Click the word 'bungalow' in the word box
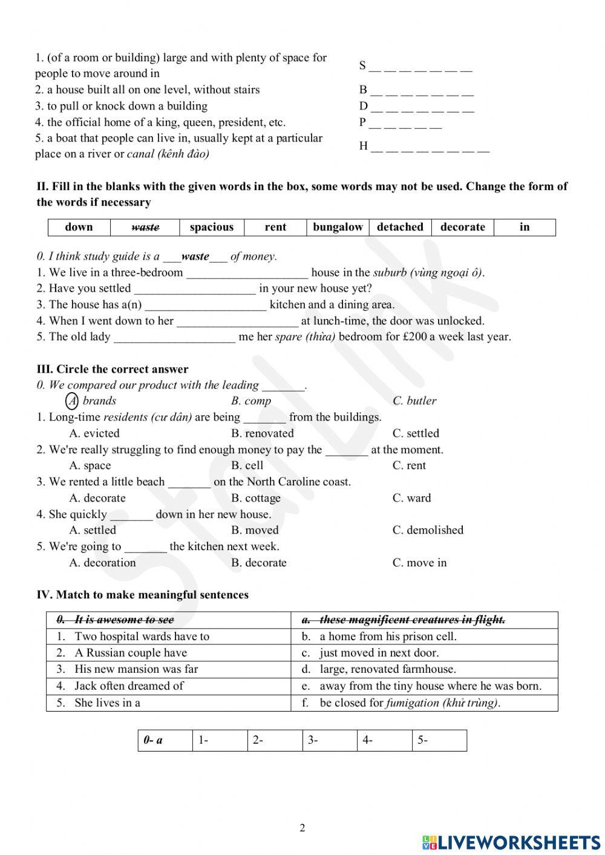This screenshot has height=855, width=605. tap(338, 227)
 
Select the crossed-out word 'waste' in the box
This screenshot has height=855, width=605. tap(145, 227)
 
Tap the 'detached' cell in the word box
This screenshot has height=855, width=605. tap(400, 227)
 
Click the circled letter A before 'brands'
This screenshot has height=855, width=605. tap(72, 401)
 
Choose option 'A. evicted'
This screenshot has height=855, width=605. tap(94, 433)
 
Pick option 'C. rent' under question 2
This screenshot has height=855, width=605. tap(409, 465)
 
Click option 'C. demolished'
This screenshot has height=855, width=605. tap(428, 530)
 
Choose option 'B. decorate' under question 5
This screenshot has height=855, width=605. tap(259, 563)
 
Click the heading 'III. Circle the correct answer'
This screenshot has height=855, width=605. tap(113, 369)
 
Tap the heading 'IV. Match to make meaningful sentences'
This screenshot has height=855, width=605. tap(143, 595)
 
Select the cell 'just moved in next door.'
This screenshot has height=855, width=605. tap(379, 653)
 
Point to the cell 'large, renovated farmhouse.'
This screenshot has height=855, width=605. tap(388, 669)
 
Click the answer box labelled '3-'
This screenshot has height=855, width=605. tap(330, 740)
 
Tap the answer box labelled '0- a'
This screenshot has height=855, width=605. tap(165, 740)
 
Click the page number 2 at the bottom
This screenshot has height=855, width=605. tap(302, 828)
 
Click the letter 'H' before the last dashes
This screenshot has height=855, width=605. tap(363, 146)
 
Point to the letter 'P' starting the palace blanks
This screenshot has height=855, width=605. tap(362, 122)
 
